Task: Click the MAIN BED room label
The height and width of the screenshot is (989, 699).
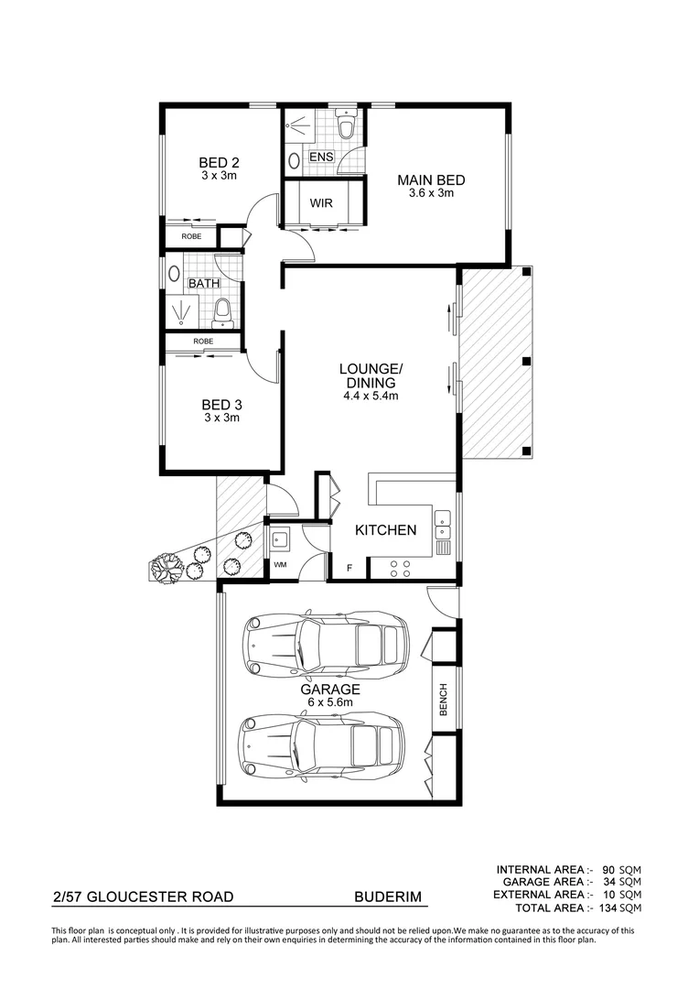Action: click(431, 180)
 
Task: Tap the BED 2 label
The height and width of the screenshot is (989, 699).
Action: click(219, 163)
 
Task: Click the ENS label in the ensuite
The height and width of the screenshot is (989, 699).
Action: click(321, 158)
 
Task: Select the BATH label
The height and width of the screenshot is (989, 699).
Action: click(203, 283)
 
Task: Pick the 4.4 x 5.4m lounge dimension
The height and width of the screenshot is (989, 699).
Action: click(371, 397)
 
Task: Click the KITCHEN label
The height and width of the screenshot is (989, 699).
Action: click(385, 530)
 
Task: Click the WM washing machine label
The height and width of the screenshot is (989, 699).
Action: click(280, 565)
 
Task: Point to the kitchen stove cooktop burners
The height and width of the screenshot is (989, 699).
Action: click(400, 568)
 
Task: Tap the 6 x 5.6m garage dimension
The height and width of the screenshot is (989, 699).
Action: click(330, 702)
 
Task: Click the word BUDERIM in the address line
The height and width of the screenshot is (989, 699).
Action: click(388, 897)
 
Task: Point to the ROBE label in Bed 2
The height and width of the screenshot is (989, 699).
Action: click(190, 236)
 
